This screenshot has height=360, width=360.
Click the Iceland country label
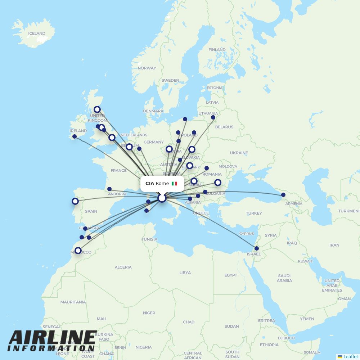[x=37, y=33]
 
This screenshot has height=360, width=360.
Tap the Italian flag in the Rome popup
[x=174, y=184]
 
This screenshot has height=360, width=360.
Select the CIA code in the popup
[x=150, y=184]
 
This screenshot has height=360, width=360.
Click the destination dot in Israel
[x=256, y=248]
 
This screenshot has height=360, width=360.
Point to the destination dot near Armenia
[x=283, y=195]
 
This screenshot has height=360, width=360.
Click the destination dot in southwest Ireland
[x=75, y=136]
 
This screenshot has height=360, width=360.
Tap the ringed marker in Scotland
[x=97, y=109]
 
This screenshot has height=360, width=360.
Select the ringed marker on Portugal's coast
[x=75, y=201]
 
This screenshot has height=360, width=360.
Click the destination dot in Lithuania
[x=213, y=117]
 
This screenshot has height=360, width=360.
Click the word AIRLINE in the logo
[x=53, y=338]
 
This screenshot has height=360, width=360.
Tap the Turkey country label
[x=254, y=213]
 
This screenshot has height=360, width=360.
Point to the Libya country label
[x=185, y=273]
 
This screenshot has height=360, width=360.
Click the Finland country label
[x=217, y=50]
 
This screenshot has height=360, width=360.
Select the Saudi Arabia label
[x=284, y=278]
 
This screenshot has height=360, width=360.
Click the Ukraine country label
[x=239, y=153]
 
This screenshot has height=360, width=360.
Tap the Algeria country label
[x=123, y=267]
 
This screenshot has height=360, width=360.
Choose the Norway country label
[x=147, y=68]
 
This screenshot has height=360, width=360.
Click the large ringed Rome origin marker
[x=162, y=198]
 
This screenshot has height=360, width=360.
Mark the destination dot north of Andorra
[x=109, y=189]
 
